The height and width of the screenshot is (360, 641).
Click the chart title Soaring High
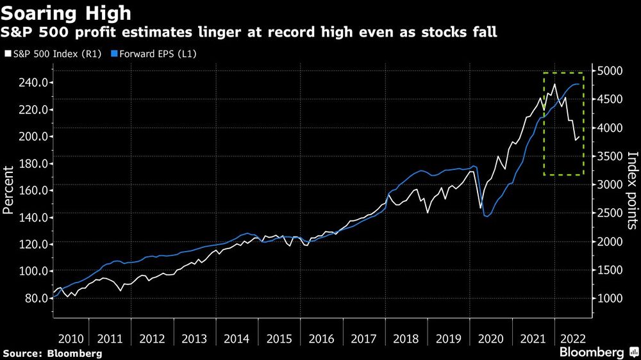click(x=67, y=12)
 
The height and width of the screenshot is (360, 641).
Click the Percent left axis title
click(x=10, y=190)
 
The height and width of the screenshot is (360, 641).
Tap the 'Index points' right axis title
click(x=631, y=190)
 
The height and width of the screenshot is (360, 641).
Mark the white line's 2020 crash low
click(x=480, y=208)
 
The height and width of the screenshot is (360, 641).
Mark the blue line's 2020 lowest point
click(x=487, y=216)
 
